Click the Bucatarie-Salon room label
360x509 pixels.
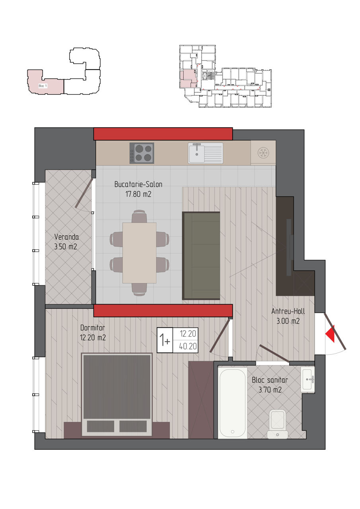(138, 184)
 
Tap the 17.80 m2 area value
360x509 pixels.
(138, 194)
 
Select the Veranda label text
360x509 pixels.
(66, 237)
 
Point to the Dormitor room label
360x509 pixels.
(93, 328)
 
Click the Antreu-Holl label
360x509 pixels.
(288, 311)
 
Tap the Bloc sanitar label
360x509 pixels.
(270, 380)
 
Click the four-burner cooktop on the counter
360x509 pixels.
(142, 153)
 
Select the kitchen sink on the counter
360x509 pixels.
(205, 153)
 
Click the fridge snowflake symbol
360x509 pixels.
(263, 152)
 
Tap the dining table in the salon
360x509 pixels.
(139, 253)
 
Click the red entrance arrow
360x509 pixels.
(330, 334)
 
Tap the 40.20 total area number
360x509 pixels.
(188, 346)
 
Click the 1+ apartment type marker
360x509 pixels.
(165, 340)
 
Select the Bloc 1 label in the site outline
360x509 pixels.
(43, 86)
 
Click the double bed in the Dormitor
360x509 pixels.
(117, 394)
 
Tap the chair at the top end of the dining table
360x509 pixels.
(139, 216)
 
